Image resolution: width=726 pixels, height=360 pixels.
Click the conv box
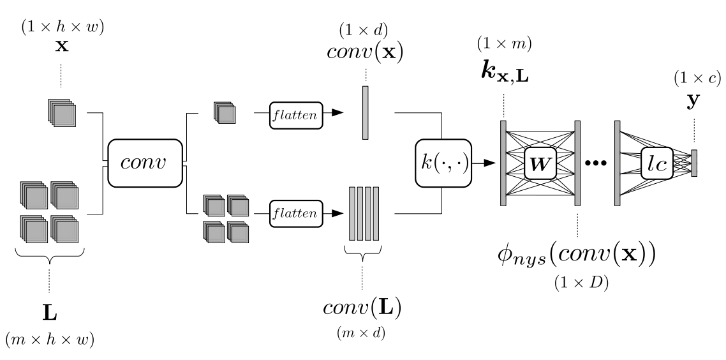145,163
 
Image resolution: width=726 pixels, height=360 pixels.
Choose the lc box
657,163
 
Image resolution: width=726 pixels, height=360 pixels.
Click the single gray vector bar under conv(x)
366,112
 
